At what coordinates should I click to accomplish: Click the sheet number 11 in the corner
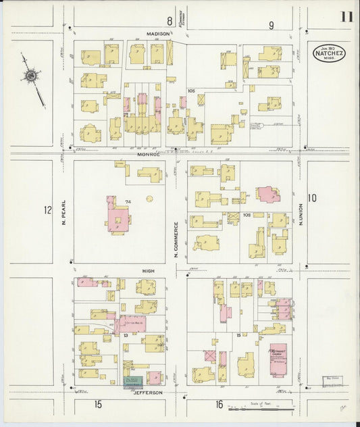click(x=346, y=18)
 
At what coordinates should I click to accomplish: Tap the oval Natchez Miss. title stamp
click(x=329, y=53)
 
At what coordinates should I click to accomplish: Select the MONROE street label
click(x=149, y=153)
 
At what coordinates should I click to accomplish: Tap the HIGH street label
click(x=148, y=270)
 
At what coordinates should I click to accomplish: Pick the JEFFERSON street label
click(x=148, y=392)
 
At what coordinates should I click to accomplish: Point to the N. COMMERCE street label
click(x=175, y=240)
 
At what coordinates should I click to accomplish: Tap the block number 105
click(x=191, y=91)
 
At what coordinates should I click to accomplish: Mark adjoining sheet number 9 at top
click(x=271, y=26)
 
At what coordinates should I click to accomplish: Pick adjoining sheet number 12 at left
click(x=47, y=210)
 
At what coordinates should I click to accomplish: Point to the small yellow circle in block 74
click(x=149, y=199)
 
